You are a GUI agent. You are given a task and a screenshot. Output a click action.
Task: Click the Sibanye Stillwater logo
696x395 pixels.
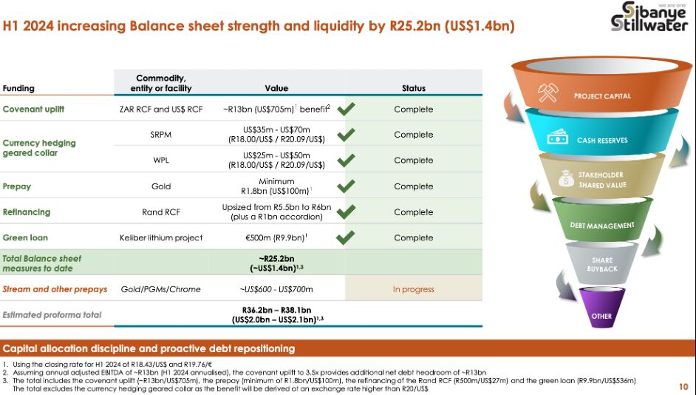pyautogui.click(x=649, y=17)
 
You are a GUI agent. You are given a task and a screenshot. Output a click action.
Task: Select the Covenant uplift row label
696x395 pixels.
pyautogui.click(x=33, y=109)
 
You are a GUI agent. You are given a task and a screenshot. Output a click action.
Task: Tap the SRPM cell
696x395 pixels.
pyautogui.click(x=160, y=135)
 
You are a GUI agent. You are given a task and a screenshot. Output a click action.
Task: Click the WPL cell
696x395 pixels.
pyautogui.click(x=161, y=161)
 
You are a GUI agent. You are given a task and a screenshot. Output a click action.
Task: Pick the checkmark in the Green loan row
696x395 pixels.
pyautogui.click(x=345, y=237)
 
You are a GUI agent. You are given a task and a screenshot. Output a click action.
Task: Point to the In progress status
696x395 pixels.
pyautogui.click(x=413, y=289)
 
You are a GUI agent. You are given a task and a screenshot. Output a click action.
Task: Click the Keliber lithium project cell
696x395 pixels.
pyautogui.click(x=160, y=237)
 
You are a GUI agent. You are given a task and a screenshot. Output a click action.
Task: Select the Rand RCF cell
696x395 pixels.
pyautogui.click(x=160, y=212)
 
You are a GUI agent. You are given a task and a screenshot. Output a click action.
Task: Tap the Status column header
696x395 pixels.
pyautogui.click(x=414, y=89)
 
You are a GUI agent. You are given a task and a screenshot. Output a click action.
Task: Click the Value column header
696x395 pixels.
pyautogui.click(x=276, y=89)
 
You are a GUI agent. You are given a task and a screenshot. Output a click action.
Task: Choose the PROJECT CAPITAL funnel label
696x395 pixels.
pyautogui.click(x=602, y=96)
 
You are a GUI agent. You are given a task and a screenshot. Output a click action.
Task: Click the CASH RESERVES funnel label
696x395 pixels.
pyautogui.click(x=602, y=141)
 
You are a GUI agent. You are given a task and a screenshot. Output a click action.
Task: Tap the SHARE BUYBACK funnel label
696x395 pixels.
pyautogui.click(x=602, y=264)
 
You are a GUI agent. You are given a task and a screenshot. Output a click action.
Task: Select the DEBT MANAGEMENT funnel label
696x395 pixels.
pyautogui.click(x=602, y=226)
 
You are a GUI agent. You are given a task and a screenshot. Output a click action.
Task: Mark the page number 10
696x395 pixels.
pyautogui.click(x=683, y=387)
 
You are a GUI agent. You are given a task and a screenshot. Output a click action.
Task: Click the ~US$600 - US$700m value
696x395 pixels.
pyautogui.click(x=276, y=289)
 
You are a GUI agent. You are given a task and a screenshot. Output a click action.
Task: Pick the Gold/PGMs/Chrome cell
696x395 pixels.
pyautogui.click(x=160, y=289)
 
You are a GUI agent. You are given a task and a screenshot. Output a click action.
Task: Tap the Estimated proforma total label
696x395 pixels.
pyautogui.click(x=52, y=315)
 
